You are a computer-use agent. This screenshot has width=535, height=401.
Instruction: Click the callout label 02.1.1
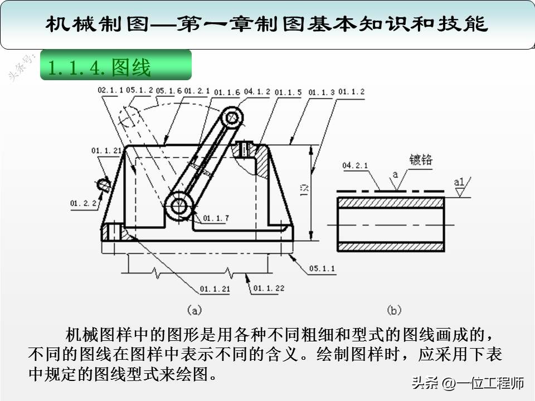click(110, 90)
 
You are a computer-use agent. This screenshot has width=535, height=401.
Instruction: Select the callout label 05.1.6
click(169, 90)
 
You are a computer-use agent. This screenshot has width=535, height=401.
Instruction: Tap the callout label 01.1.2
click(352, 91)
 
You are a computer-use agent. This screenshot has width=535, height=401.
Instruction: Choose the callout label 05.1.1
click(323, 268)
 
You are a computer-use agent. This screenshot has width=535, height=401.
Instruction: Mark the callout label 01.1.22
click(269, 288)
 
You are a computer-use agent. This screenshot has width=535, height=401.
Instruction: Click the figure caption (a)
click(193, 310)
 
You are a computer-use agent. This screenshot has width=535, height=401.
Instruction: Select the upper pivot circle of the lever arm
click(233, 117)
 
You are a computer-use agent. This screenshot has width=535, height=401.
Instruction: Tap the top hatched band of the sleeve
click(391, 203)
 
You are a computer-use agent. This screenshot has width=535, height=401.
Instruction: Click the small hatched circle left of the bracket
click(103, 184)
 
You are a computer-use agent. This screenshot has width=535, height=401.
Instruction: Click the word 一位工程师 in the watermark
click(490, 383)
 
